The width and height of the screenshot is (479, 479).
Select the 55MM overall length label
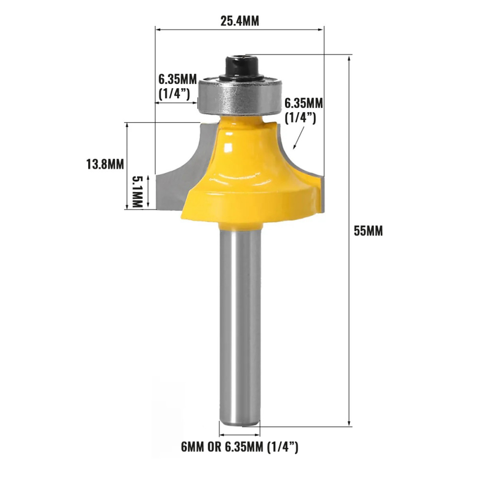[368, 231]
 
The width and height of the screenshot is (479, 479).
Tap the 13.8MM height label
[105, 165]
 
